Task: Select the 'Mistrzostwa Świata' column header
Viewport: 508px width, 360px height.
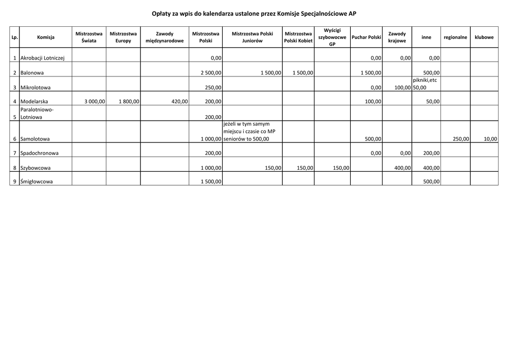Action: [89, 37]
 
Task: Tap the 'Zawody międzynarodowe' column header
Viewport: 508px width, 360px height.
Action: [165, 37]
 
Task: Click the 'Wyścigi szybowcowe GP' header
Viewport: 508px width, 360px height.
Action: [332, 37]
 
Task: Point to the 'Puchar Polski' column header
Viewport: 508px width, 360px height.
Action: [366, 37]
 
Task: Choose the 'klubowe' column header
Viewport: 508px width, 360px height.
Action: [484, 37]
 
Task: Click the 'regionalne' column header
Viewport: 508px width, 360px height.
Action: [455, 37]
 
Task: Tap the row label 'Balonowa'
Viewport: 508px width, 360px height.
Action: [32, 73]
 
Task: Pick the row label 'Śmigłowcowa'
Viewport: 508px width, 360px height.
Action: [37, 182]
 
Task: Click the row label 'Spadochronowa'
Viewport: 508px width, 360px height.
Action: [40, 153]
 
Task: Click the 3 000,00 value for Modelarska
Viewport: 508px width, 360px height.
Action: [94, 102]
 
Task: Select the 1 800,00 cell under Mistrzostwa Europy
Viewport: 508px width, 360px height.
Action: [128, 102]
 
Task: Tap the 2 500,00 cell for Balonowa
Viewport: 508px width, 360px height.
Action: [211, 73]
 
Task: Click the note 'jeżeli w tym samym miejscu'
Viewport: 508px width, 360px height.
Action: [246, 124]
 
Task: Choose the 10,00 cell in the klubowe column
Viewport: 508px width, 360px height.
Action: [490, 139]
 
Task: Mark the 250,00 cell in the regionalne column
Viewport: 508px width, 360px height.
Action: [461, 139]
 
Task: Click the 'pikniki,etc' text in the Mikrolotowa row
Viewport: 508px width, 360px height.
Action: [425, 80]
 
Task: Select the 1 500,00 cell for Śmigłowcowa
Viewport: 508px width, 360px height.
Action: [211, 182]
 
